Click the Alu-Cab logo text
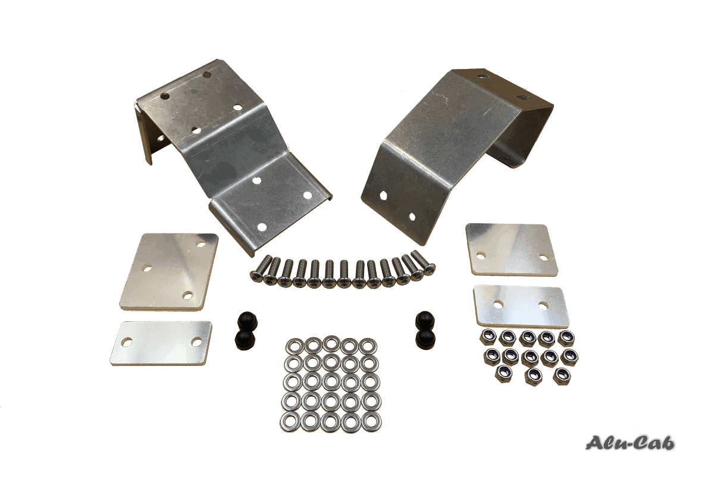coord(631,443)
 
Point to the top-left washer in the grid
coord(294,346)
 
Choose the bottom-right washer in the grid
coord(368,421)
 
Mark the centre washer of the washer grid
coord(330,383)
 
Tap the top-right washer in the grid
coord(368,345)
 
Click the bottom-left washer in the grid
coord(293,421)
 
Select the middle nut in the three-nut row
coord(531,374)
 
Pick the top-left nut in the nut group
coord(488,337)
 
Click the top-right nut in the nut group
coord(565,338)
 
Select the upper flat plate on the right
coord(512,249)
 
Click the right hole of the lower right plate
coord(543,305)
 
